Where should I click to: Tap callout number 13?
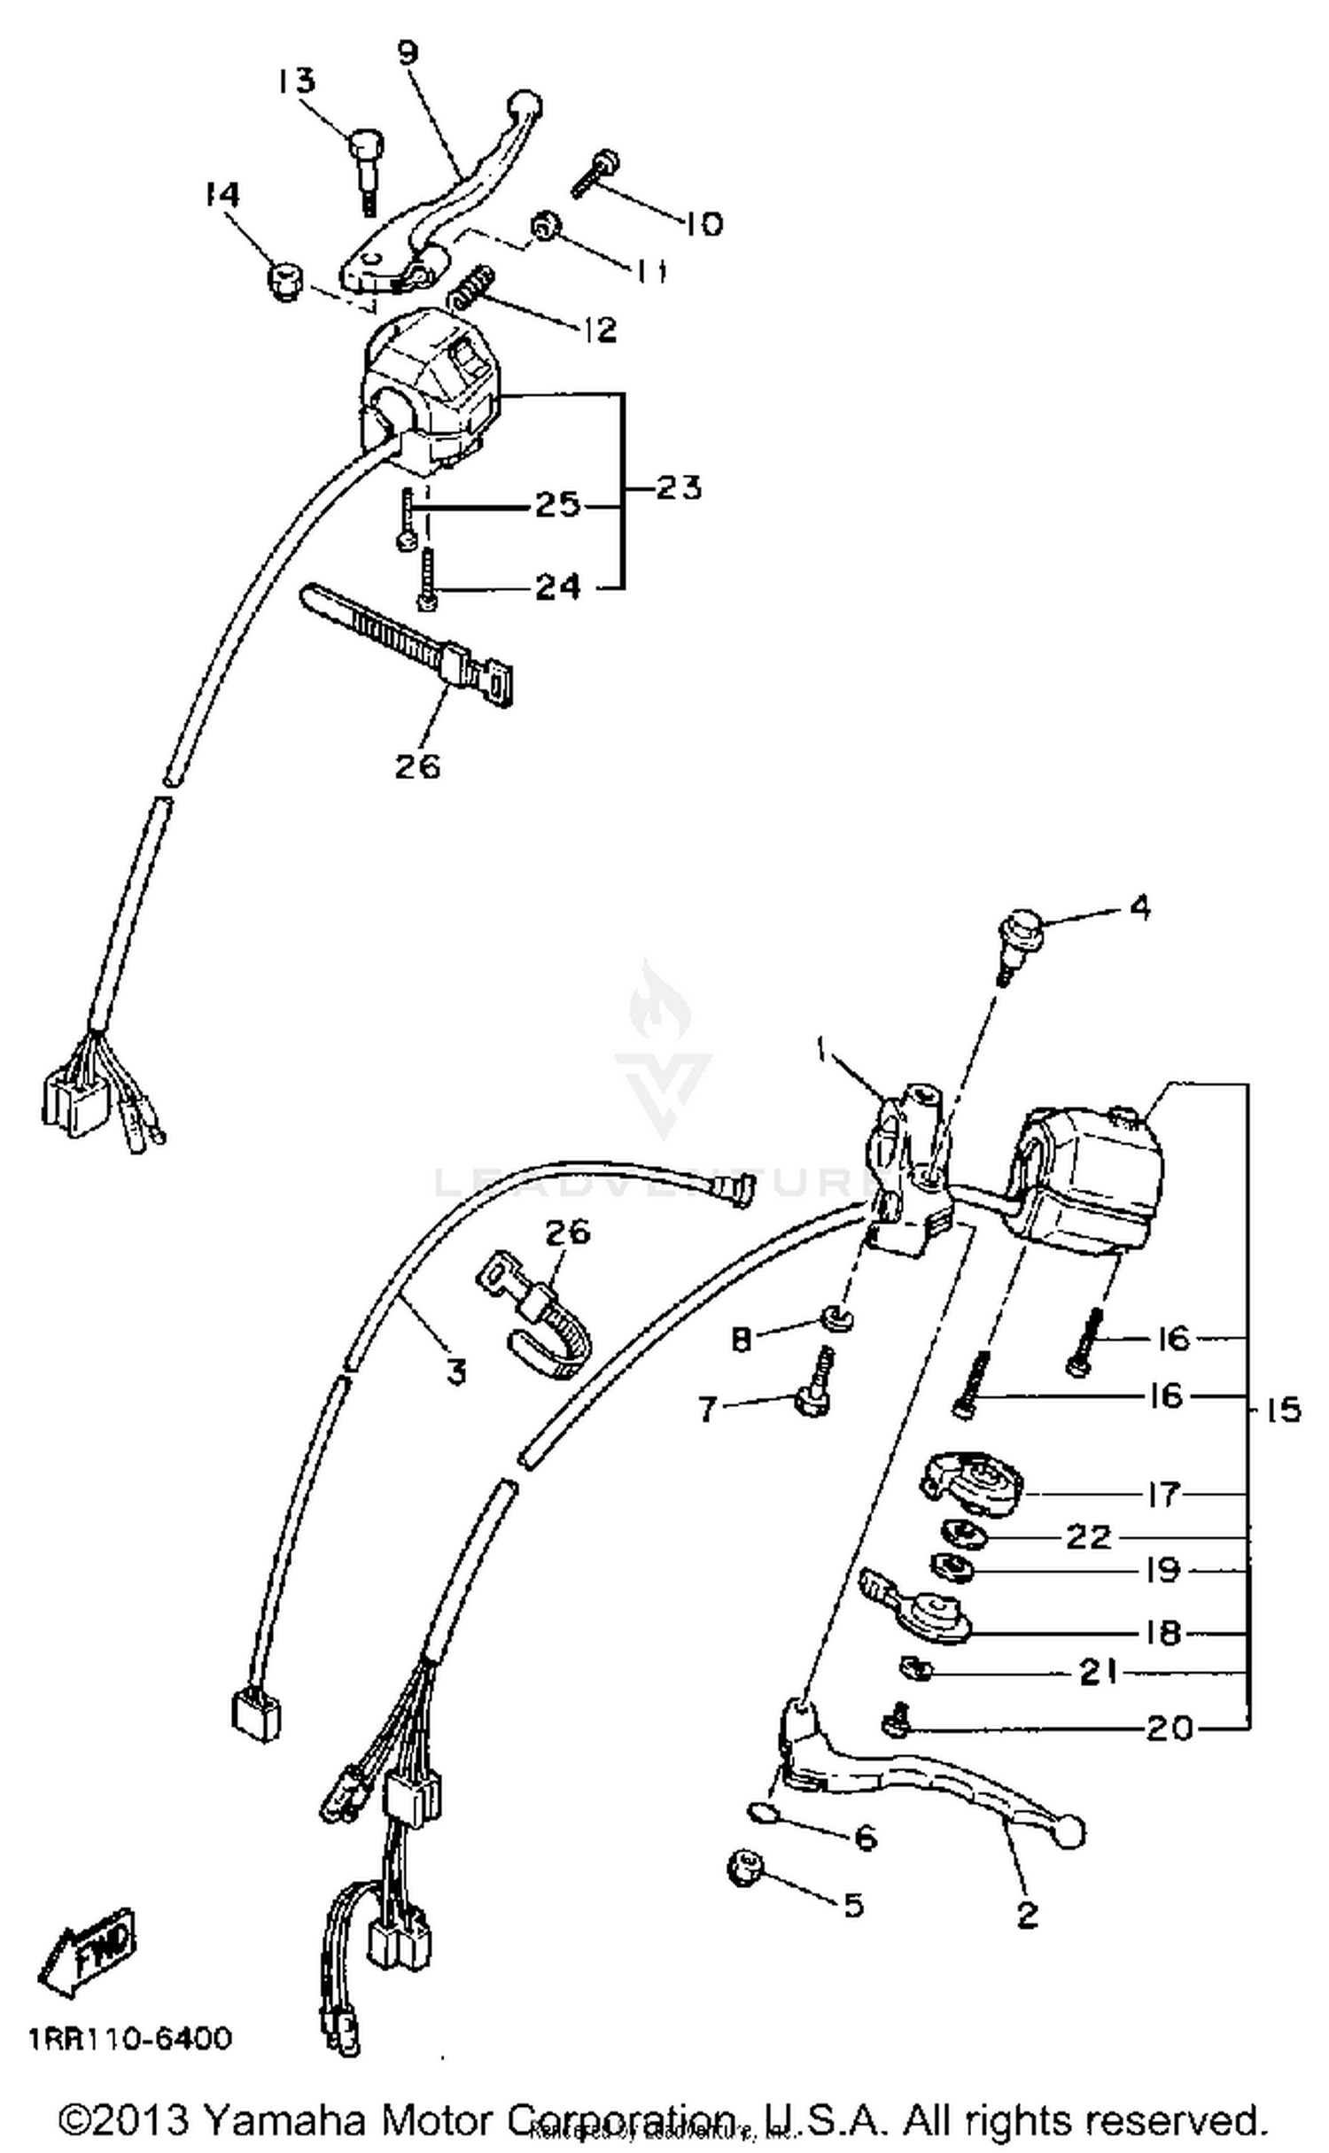295,81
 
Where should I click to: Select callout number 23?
678,488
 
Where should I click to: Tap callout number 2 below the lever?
1026,1915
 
